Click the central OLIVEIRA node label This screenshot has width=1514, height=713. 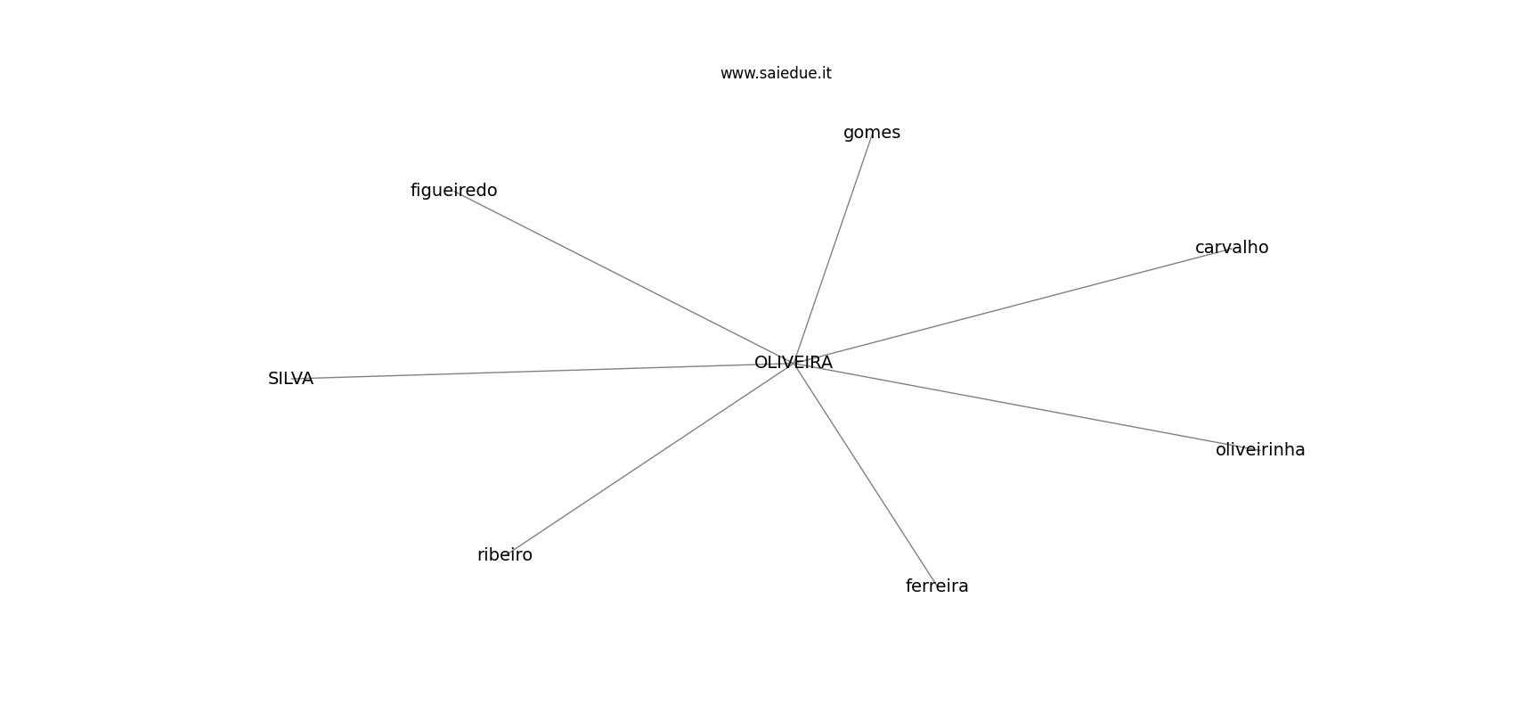[x=793, y=363]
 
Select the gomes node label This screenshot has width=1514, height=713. [x=871, y=134]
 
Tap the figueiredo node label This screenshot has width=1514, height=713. [x=453, y=191]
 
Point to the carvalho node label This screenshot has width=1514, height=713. [x=1232, y=248]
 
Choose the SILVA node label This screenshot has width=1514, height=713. [x=290, y=379]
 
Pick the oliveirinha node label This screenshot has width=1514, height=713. [x=1260, y=450]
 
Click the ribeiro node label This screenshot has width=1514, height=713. [x=505, y=554]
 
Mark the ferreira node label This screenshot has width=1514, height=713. [x=937, y=586]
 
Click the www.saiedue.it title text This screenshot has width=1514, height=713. [x=776, y=73]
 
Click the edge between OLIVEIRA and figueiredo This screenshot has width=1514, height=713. [x=623, y=276]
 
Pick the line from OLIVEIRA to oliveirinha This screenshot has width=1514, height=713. [x=1027, y=406]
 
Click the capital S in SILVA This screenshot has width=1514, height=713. [x=273, y=379]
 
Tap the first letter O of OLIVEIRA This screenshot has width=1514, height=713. [x=761, y=363]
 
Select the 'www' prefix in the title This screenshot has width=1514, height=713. [x=735, y=74]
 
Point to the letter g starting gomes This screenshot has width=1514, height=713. [x=848, y=135]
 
